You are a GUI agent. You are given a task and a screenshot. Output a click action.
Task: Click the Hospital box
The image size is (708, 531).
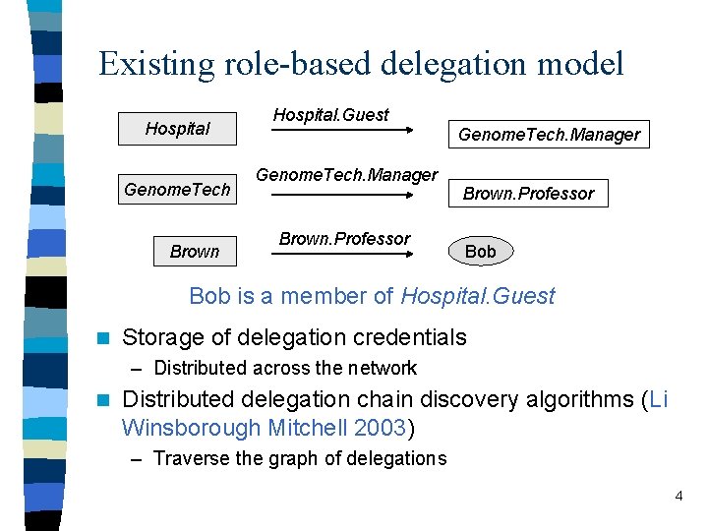pyautogui.click(x=178, y=128)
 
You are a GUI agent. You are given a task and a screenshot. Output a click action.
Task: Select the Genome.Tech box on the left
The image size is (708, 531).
pyautogui.click(x=177, y=189)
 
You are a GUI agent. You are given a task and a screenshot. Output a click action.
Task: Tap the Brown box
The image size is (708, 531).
pyautogui.click(x=195, y=251)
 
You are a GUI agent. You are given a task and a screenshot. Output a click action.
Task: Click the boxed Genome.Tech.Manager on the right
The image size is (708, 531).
pyautogui.click(x=549, y=134)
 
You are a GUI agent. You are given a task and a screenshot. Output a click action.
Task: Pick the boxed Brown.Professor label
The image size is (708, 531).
pyautogui.click(x=528, y=193)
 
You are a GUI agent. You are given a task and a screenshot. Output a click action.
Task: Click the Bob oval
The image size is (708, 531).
pyautogui.click(x=480, y=251)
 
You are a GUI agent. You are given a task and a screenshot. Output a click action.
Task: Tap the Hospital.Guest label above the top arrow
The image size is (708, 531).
pyautogui.click(x=330, y=114)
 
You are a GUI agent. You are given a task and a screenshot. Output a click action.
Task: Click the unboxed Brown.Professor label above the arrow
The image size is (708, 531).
pyautogui.click(x=344, y=238)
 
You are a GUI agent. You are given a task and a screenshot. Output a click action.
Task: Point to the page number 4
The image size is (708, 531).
pyautogui.click(x=678, y=496)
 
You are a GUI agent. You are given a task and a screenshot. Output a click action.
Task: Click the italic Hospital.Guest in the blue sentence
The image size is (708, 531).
pyautogui.click(x=477, y=296)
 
